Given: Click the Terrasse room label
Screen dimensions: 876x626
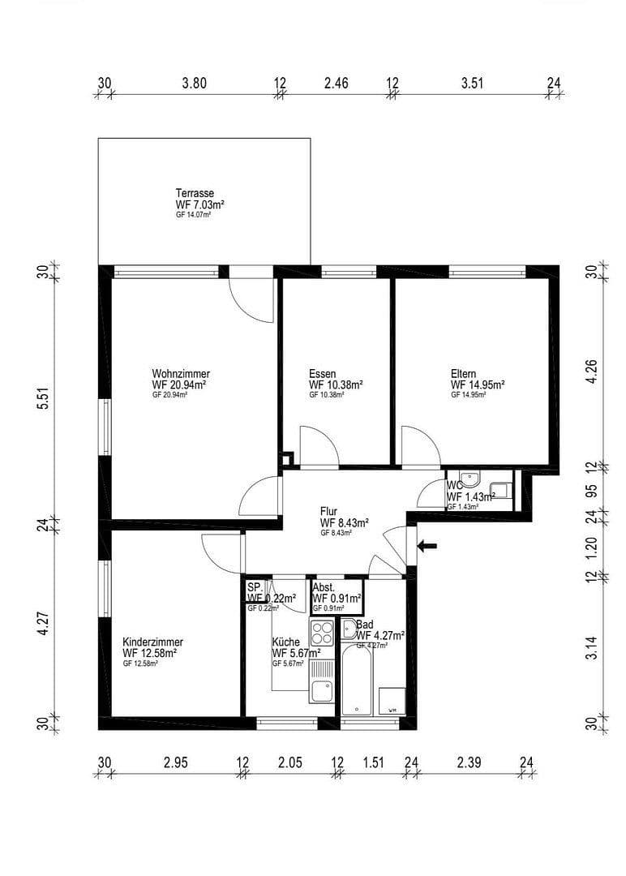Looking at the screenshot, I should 195,193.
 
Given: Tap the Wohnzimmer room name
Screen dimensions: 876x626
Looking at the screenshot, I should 180,374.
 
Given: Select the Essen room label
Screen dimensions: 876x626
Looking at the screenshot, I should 322,374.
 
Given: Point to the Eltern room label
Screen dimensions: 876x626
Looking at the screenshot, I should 465,374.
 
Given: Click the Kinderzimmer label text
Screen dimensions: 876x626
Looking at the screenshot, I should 152,640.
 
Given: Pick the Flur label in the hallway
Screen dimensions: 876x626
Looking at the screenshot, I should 328,512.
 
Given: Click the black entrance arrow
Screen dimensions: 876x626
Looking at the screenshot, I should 427,546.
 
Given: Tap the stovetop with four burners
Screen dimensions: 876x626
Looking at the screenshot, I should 322,632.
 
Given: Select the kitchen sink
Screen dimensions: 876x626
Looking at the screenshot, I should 321,691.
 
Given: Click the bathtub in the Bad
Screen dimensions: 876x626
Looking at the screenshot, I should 357,679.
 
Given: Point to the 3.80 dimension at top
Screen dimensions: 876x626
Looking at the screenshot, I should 195,83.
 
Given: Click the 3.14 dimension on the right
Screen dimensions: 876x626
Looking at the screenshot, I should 591,649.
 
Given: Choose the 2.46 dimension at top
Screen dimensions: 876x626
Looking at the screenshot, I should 336,83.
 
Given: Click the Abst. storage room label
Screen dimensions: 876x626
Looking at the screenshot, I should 324,586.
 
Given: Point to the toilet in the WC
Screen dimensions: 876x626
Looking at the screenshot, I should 500,490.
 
